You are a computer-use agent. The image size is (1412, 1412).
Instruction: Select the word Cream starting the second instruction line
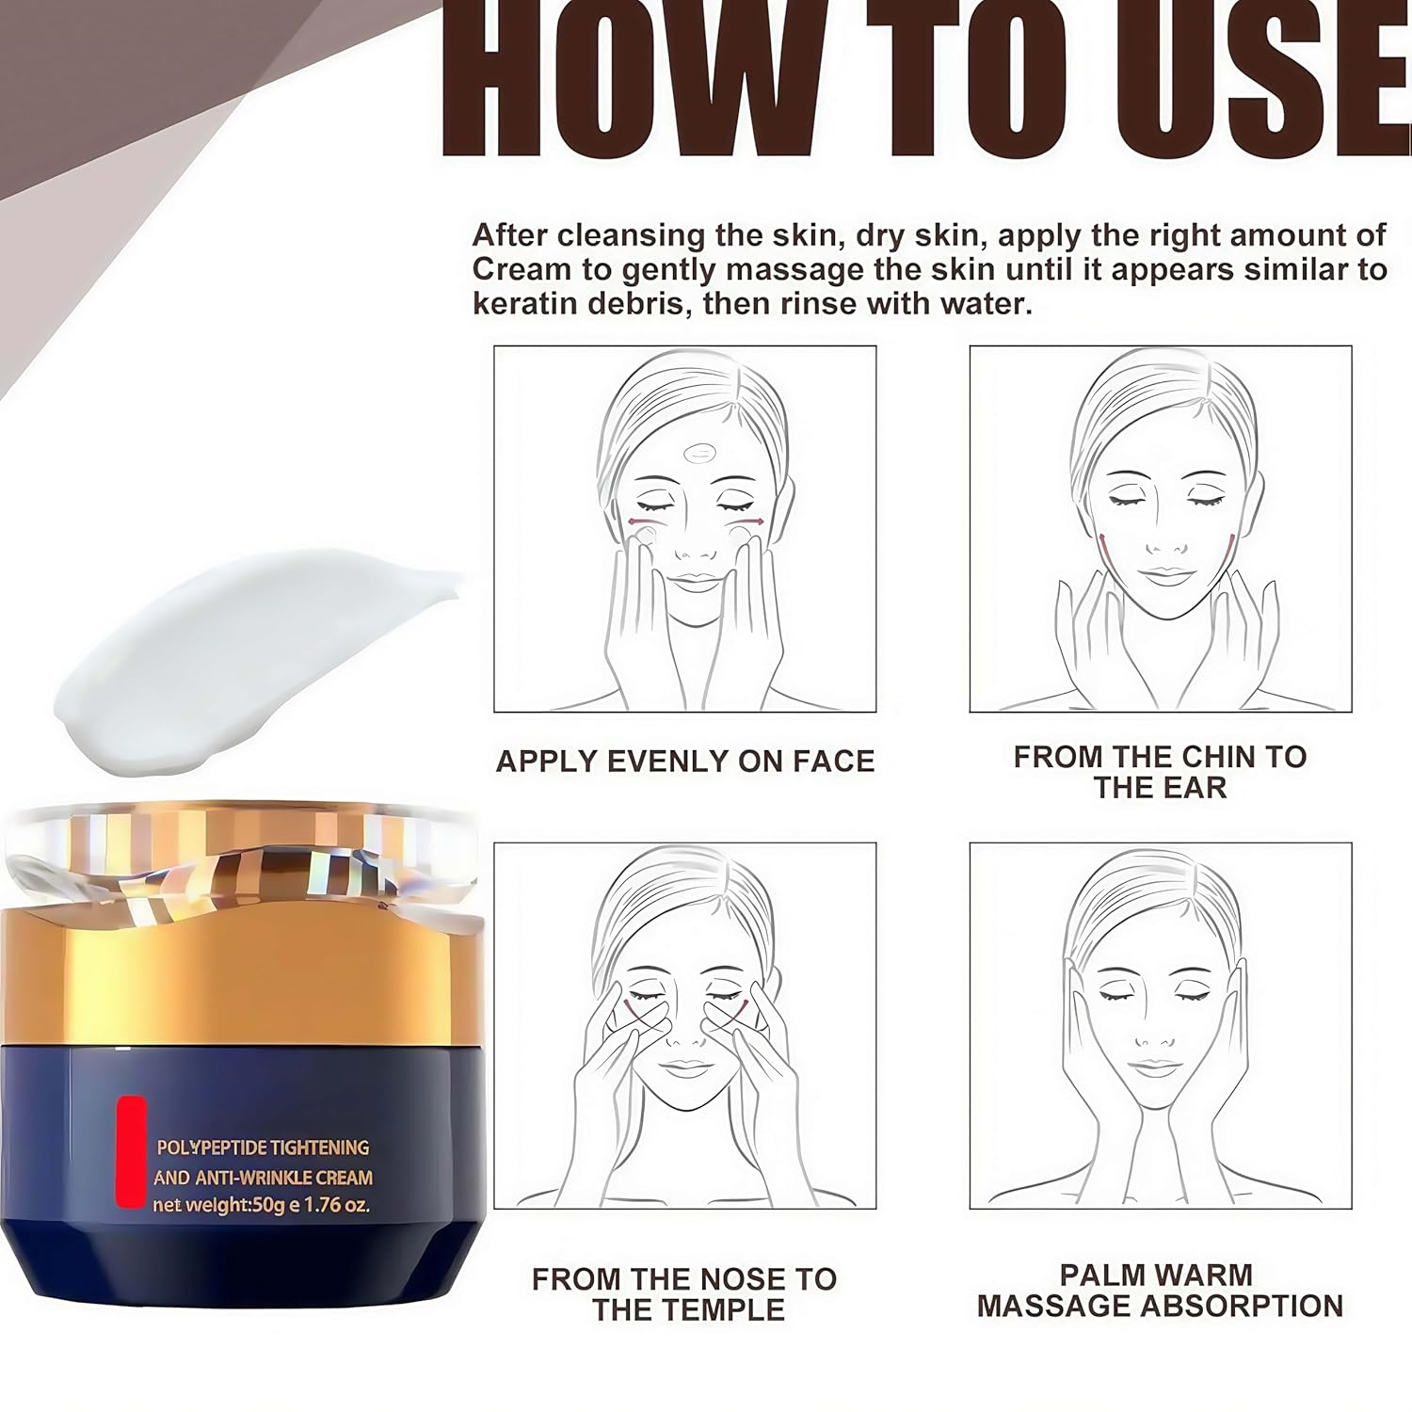(521, 269)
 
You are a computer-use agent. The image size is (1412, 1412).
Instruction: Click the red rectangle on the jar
(131, 1152)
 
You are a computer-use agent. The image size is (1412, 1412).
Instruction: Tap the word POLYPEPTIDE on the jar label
(211, 1147)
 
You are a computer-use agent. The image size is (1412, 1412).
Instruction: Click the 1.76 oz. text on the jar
(338, 1205)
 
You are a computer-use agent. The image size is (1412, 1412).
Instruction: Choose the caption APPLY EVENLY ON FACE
(685, 761)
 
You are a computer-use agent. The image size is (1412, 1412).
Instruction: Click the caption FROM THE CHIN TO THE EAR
(1160, 772)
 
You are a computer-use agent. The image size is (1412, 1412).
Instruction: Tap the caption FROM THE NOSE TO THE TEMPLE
(685, 1294)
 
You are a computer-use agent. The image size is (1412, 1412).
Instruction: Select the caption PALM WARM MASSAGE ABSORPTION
(1160, 1291)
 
